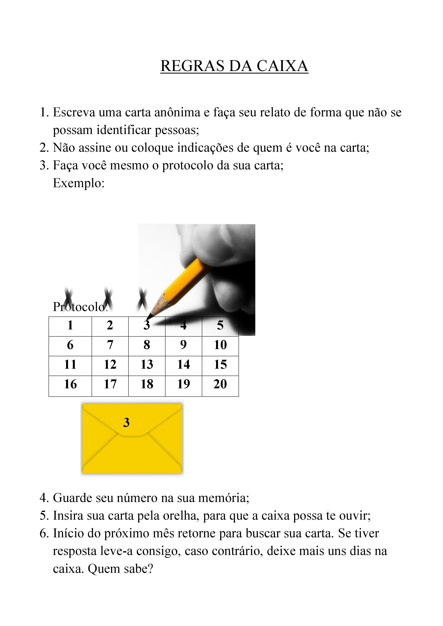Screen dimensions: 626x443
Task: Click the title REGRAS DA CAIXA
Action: point(234,66)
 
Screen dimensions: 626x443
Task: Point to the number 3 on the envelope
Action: point(126,422)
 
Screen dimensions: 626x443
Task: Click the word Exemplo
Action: point(79,183)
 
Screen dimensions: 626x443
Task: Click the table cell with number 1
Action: point(70,325)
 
